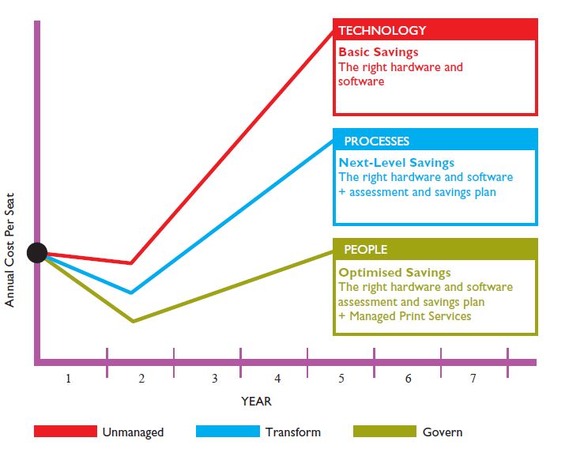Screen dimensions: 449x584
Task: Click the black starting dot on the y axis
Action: [37, 253]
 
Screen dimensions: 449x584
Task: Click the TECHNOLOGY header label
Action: [382, 31]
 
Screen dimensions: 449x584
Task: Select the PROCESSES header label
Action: [376, 141]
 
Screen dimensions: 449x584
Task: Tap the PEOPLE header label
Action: [365, 250]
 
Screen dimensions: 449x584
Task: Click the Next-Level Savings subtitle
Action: [389, 163]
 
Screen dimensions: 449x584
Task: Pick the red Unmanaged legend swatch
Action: [65, 432]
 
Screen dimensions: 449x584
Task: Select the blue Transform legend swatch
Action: [228, 432]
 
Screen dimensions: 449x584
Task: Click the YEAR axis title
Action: [256, 402]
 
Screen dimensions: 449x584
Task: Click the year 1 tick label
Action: [68, 379]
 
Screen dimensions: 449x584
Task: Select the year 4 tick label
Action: [277, 379]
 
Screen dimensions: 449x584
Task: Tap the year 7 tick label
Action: [473, 379]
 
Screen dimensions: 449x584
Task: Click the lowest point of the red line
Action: [131, 262]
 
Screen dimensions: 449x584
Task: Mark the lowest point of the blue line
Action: [131, 292]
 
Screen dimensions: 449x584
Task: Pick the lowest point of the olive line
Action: [132, 321]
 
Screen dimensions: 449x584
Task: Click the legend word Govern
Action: [443, 432]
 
